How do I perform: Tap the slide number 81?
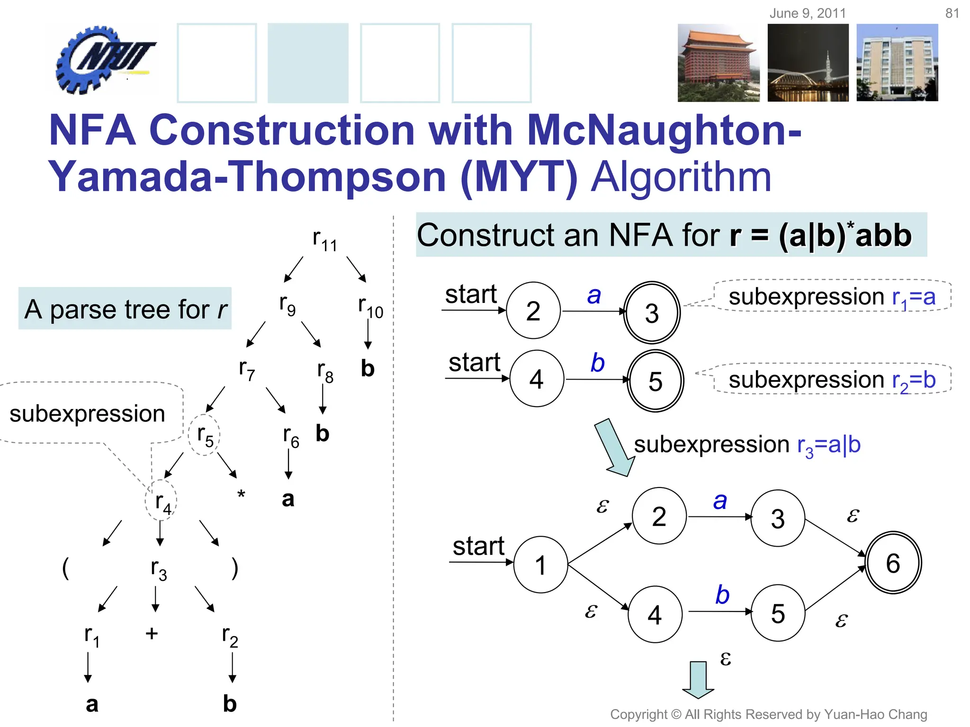[x=952, y=13]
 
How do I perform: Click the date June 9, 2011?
[x=808, y=13]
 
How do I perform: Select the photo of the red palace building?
[x=718, y=63]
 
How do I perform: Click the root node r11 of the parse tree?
[x=325, y=240]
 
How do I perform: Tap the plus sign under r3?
[x=152, y=633]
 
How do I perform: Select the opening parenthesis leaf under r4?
[x=65, y=568]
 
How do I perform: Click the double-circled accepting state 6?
[x=893, y=563]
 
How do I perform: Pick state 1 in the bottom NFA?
[x=540, y=565]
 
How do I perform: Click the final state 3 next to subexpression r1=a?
[x=652, y=313]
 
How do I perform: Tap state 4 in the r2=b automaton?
[x=537, y=379]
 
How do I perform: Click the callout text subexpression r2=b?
[x=832, y=380]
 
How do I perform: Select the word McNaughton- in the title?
[x=663, y=130]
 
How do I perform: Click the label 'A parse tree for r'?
[x=125, y=309]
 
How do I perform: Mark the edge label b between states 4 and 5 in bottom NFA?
[x=722, y=595]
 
